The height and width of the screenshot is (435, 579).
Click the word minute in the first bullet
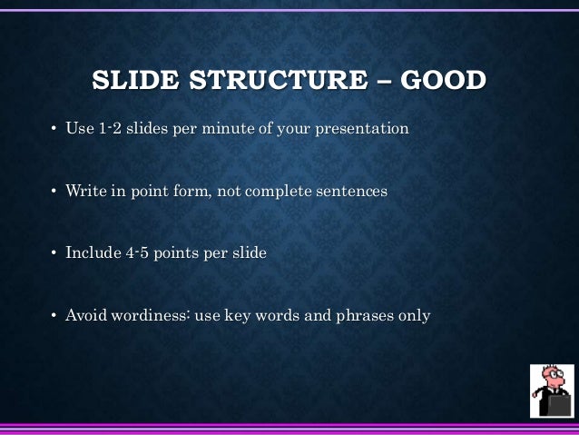[228, 129]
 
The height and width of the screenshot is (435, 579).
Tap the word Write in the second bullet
[84, 192]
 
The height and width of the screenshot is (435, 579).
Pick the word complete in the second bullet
[274, 192]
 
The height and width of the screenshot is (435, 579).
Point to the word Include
[92, 253]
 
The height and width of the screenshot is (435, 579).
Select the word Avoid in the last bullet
[85, 316]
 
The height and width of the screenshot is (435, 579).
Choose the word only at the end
[413, 316]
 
